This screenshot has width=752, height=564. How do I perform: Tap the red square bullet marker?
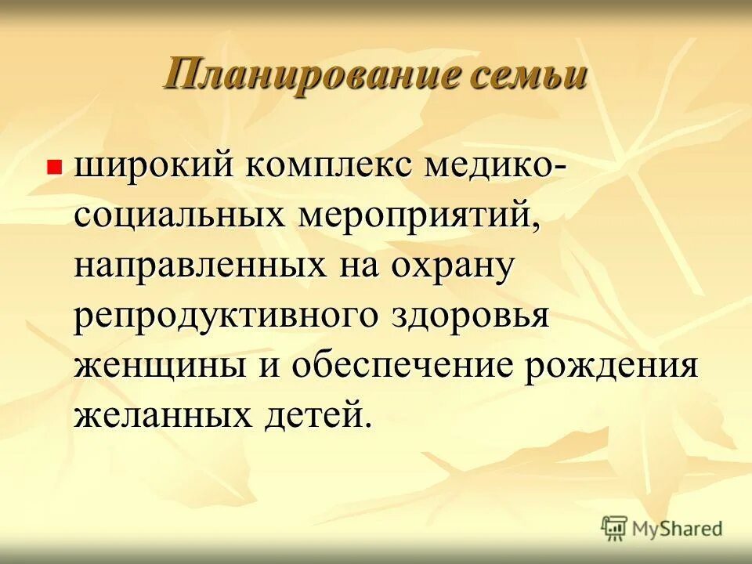54,167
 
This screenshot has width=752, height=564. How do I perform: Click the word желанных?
164,415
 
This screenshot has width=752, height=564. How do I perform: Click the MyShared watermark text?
678,529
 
